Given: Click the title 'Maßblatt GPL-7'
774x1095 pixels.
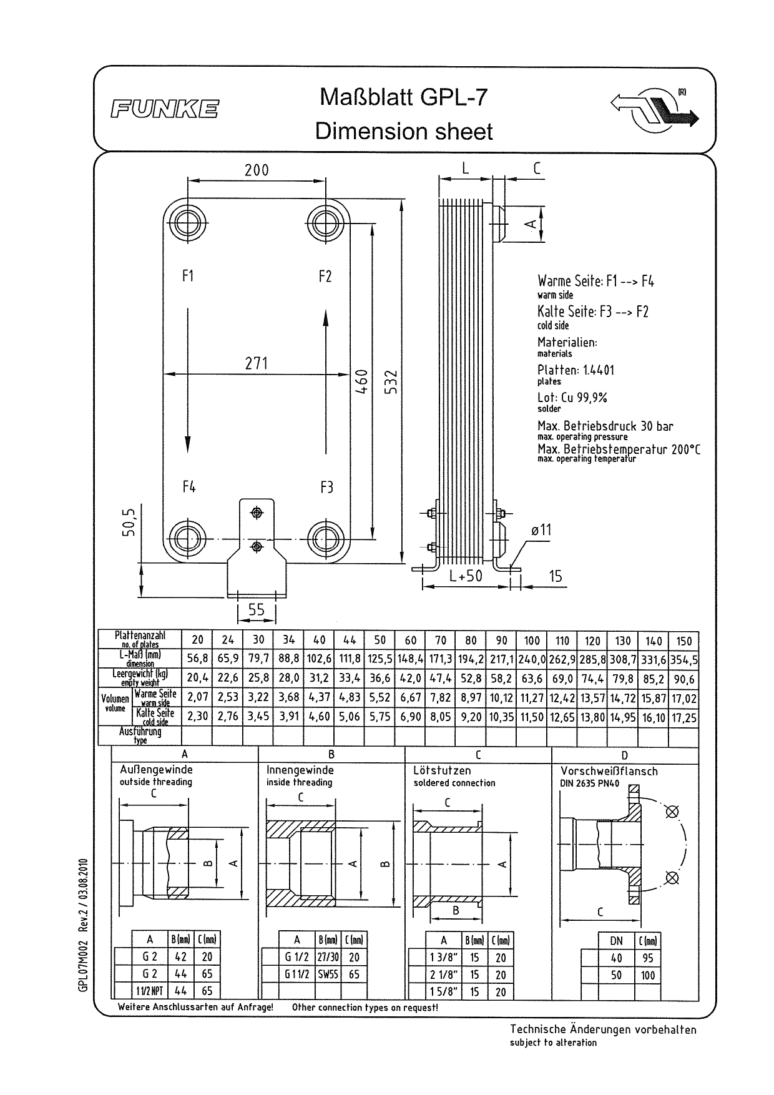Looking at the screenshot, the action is coord(403,97).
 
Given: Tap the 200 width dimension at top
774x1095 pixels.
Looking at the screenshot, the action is coord(257,170).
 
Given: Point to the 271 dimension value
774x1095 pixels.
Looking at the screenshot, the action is coord(257,363).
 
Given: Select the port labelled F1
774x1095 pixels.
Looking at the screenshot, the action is coord(188,276).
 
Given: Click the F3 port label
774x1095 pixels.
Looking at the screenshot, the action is coord(326,487).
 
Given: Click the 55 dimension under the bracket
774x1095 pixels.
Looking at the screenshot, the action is coord(257,609).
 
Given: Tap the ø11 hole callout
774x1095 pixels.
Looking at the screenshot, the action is coord(541,530).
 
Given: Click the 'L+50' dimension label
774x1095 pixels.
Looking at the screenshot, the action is coord(466,576).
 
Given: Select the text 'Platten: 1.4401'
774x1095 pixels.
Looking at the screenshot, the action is coord(576,370).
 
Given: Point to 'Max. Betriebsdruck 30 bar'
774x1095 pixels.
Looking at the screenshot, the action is coord(605,426).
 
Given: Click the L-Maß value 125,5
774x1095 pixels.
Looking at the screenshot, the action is coord(380,659).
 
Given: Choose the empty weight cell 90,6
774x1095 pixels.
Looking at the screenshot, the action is coord(684,679).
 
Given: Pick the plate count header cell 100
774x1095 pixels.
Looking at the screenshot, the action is coord(532,641).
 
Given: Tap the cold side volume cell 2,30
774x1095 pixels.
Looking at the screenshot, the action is coord(197,717).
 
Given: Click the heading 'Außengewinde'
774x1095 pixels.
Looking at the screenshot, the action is coord(156,770).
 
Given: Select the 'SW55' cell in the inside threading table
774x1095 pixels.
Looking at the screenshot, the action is coord(328,974).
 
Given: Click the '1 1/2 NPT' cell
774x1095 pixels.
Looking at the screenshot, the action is coord(150,991).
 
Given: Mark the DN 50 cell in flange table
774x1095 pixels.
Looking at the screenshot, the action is coord(616,975).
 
